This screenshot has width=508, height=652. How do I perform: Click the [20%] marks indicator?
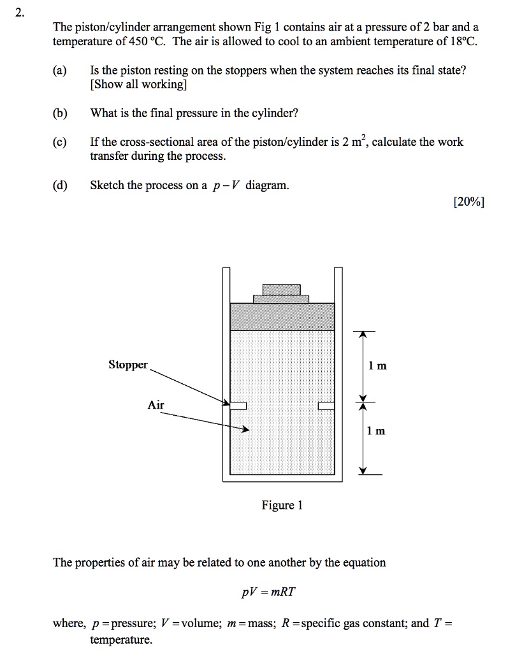coord(468,202)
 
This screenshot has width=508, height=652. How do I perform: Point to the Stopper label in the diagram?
coord(127,365)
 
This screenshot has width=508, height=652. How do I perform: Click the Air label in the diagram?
coord(156,405)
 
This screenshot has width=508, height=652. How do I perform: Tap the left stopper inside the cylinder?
coord(238,406)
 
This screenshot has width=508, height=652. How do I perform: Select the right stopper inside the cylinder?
coord(326,406)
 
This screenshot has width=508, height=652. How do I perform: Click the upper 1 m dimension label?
coord(377,366)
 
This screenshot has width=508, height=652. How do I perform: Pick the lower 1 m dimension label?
coord(377,431)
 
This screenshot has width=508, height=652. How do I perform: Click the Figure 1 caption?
coord(282,506)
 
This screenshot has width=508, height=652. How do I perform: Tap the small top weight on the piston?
coord(281,289)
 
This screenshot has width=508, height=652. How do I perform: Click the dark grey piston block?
coord(281,316)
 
